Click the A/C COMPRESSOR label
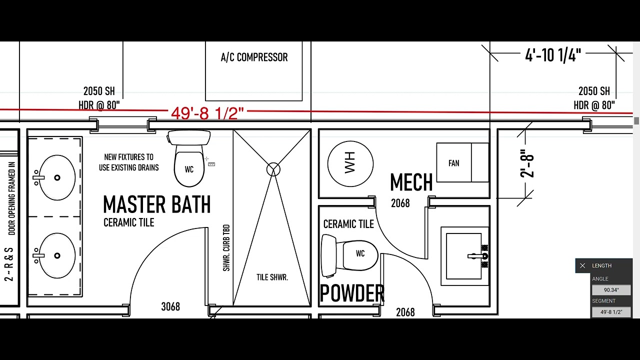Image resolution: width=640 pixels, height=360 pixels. (x=254, y=57)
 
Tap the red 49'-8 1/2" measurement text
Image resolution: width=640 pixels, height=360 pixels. (x=207, y=113)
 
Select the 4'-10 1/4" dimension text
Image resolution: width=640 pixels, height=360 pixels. (x=553, y=55)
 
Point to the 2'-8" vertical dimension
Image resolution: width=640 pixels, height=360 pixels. (x=526, y=163)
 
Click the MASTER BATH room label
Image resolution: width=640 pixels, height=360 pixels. (x=157, y=204)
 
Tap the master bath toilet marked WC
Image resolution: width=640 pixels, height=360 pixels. (x=189, y=158)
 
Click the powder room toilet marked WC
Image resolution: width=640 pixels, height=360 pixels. (x=349, y=255)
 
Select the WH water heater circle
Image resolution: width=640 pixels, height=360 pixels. (x=350, y=163)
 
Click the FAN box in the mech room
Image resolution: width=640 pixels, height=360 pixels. (x=462, y=162)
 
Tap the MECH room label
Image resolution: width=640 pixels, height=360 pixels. (x=411, y=182)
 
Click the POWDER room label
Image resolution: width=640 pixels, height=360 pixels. (x=352, y=293)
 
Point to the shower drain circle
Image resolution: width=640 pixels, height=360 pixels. (x=273, y=169)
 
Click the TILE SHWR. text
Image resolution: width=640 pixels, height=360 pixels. (x=272, y=277)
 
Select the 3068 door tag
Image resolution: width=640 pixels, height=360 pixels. (x=170, y=306)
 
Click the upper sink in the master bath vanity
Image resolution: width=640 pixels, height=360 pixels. (x=57, y=177)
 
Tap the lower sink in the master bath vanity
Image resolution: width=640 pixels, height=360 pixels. (x=57, y=255)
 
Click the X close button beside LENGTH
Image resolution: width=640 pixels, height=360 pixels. (x=582, y=265)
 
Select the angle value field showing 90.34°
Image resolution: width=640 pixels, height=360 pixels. (x=611, y=290)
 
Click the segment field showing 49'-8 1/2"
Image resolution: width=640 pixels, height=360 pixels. (x=611, y=312)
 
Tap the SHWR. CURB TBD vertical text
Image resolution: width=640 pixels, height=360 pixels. (x=226, y=247)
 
